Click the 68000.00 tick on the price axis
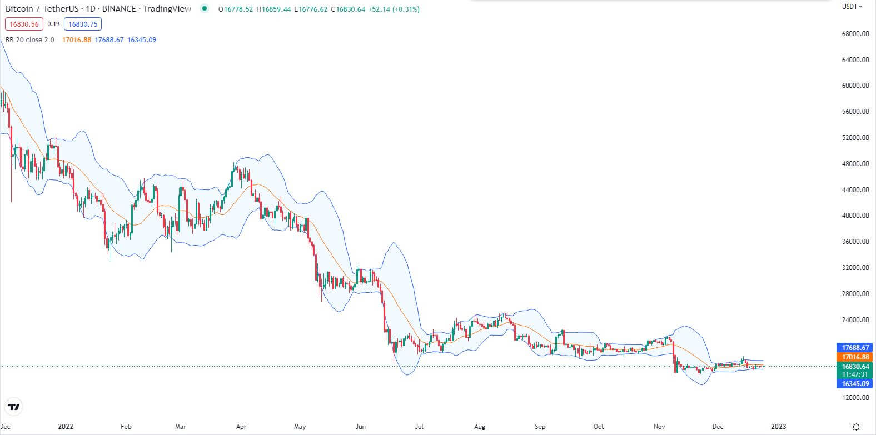855,34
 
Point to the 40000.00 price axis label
855,216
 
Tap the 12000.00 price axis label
855,398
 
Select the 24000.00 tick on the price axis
855,320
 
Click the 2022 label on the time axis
66,427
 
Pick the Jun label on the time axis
360,427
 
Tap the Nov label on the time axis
659,427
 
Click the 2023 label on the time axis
778,427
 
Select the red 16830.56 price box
24,24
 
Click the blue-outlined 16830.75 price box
83,24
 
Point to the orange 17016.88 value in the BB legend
77,40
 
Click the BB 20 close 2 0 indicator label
30,40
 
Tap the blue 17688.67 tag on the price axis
855,348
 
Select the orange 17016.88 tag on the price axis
855,357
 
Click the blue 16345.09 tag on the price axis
855,384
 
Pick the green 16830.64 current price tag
855,367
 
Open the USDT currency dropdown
852,7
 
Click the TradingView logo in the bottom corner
14,407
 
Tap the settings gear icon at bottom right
857,427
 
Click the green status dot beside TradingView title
205,8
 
